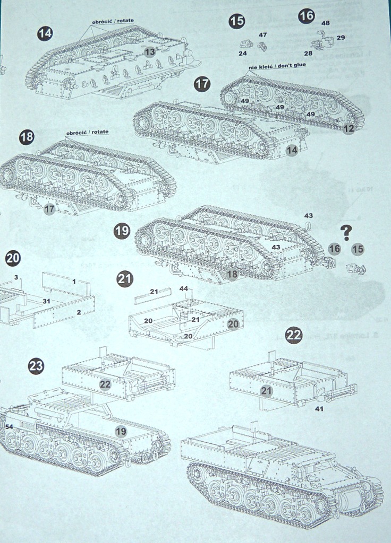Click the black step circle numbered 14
[x=45, y=33]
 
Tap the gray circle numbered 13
[x=150, y=51]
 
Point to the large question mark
[x=346, y=231]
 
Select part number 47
[x=262, y=34]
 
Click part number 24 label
[x=243, y=54]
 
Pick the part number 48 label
[x=326, y=23]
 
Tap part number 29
[x=341, y=38]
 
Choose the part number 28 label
[x=308, y=54]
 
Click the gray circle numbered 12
[x=348, y=128]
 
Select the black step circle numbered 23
[x=36, y=366]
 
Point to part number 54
[x=9, y=426]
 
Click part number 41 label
[x=319, y=409]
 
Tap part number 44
[x=184, y=288]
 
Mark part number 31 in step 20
[x=46, y=301]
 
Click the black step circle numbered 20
[x=13, y=258]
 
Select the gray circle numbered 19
[x=121, y=432]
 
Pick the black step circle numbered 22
[x=294, y=335]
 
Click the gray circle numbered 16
[x=334, y=249]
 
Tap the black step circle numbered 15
[x=237, y=21]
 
